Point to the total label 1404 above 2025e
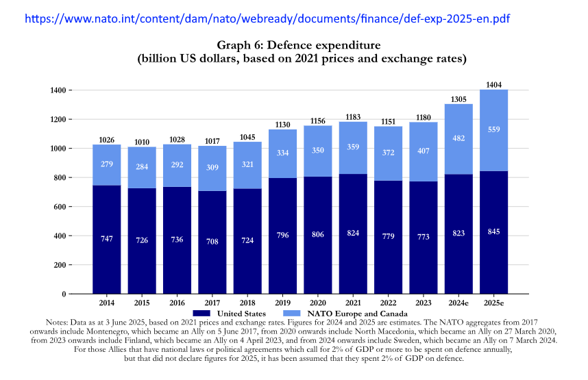point(493,84)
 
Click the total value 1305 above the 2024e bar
point(458,99)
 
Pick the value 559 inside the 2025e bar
point(493,129)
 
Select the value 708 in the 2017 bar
point(212,241)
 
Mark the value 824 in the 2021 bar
point(353,233)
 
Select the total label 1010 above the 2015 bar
point(141,142)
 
